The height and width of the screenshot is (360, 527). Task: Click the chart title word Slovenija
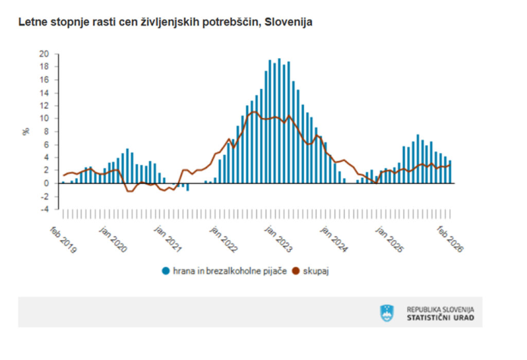click(x=288, y=23)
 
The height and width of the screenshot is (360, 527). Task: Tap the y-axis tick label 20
click(x=45, y=54)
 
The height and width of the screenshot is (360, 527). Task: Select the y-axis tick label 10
click(x=45, y=118)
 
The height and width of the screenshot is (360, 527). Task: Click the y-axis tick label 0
click(x=47, y=183)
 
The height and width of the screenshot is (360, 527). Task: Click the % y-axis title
click(x=25, y=131)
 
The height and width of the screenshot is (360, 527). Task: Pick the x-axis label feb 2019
click(x=64, y=239)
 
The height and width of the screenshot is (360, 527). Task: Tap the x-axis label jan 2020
click(x=114, y=239)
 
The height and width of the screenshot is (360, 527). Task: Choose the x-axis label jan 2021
click(x=170, y=239)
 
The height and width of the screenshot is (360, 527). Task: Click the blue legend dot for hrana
click(x=166, y=271)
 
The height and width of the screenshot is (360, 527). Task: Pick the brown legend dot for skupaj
click(x=296, y=271)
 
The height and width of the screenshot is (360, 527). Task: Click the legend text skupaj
click(x=315, y=271)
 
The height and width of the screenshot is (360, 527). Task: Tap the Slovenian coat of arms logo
click(x=387, y=313)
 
